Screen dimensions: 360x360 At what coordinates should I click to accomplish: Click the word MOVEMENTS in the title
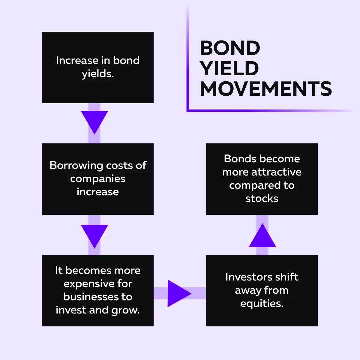tap(266, 89)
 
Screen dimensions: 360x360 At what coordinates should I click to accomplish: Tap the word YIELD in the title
tap(229, 68)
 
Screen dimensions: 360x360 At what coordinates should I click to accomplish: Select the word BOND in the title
tap(230, 48)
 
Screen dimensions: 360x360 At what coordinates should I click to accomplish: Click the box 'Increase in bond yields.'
tap(98, 67)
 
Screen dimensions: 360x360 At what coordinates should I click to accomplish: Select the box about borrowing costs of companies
tap(98, 179)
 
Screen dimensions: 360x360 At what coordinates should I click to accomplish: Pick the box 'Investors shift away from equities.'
tap(262, 291)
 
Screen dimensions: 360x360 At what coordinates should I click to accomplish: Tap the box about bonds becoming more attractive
tap(262, 179)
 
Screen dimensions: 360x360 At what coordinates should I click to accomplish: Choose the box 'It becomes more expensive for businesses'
tap(98, 291)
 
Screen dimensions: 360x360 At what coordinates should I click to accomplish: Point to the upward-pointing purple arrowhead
tap(262, 235)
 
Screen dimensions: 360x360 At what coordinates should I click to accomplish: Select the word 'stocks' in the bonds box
tap(262, 198)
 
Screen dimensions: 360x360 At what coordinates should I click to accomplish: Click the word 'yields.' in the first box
tap(98, 74)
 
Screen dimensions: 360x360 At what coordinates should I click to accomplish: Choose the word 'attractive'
tap(276, 172)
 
